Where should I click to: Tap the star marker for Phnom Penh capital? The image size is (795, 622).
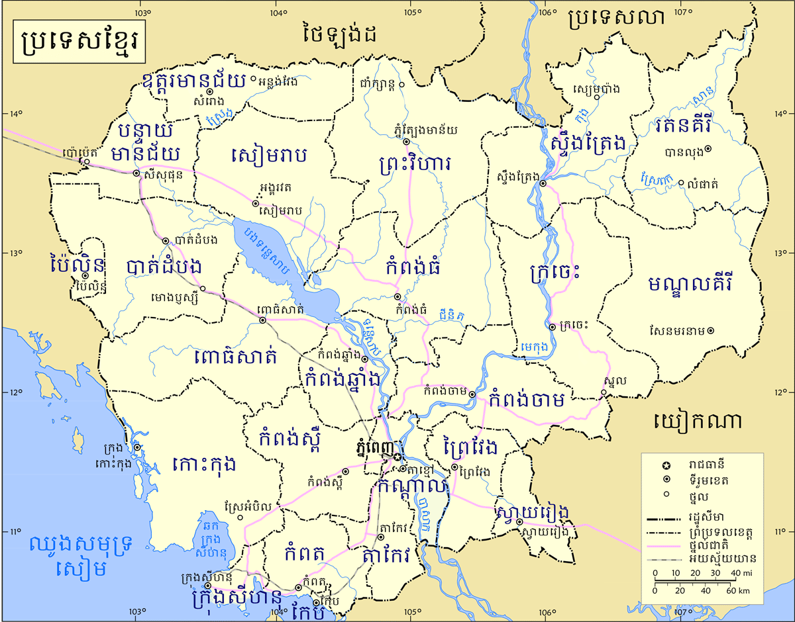pos(397,457)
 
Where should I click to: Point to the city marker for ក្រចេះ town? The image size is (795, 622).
pos(552,326)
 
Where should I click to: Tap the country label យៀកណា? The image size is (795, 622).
pos(698,422)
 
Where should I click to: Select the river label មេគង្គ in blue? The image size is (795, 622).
pos(534,345)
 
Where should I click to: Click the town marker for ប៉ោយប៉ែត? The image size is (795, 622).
pos(85,161)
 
